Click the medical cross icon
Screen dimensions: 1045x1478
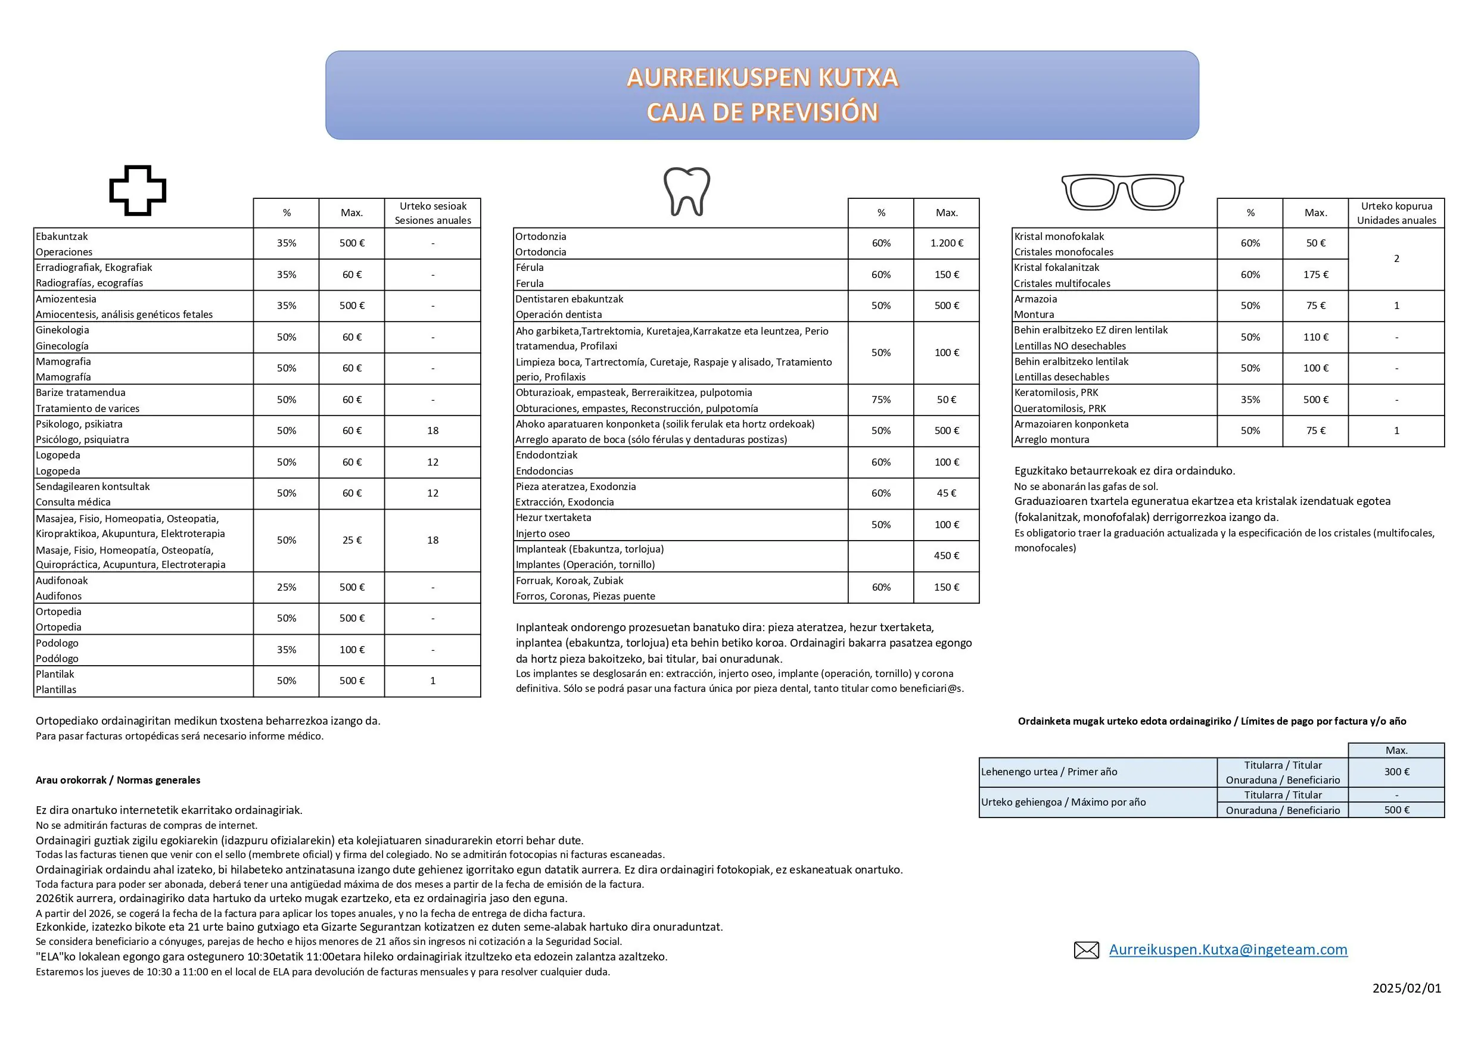click(138, 191)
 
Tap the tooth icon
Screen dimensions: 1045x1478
click(687, 191)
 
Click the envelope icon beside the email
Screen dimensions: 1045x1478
click(1087, 950)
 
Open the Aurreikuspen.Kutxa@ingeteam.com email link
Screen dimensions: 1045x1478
click(1228, 950)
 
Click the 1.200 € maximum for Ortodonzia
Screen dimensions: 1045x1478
click(946, 243)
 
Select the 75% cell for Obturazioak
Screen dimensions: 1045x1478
click(880, 400)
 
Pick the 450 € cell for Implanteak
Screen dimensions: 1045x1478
click(946, 556)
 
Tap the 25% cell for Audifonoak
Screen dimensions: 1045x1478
click(287, 588)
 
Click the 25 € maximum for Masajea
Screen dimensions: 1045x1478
click(351, 541)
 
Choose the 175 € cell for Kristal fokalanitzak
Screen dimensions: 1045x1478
click(1315, 274)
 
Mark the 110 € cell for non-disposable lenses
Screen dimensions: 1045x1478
click(1315, 337)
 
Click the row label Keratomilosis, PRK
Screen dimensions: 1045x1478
click(1056, 392)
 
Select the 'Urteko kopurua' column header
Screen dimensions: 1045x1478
click(1396, 213)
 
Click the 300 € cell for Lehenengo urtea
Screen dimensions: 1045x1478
click(1396, 772)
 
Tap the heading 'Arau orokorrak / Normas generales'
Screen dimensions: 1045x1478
click(118, 781)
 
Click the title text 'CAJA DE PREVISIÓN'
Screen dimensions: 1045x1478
click(762, 113)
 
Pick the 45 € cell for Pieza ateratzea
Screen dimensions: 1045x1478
click(946, 494)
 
